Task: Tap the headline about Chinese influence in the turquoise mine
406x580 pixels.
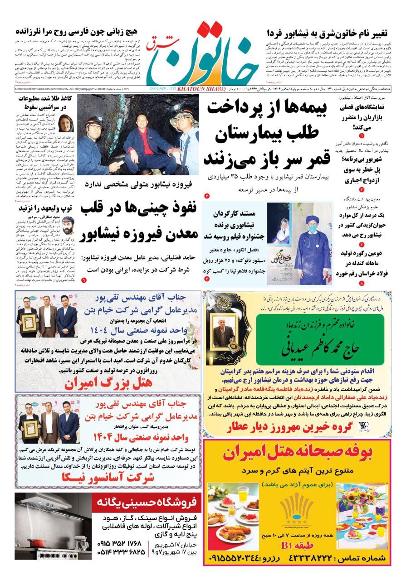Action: [139, 220]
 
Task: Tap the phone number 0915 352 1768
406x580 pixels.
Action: [121, 542]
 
